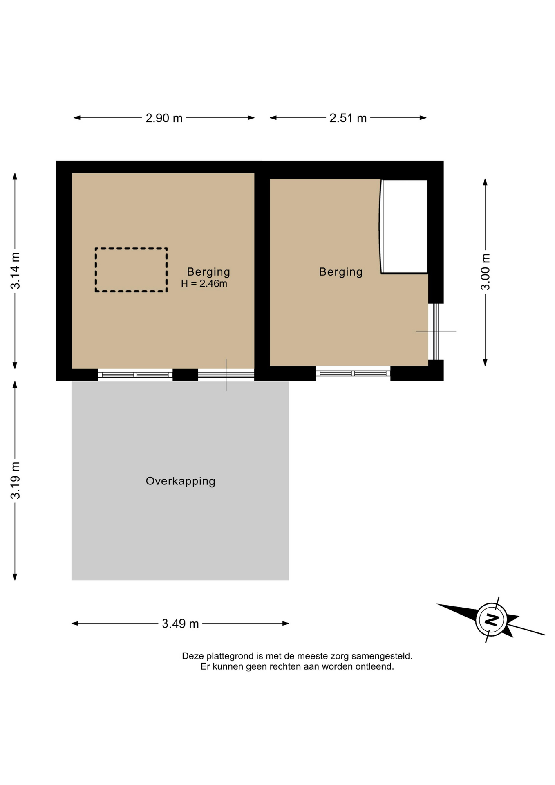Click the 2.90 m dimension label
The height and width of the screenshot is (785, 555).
click(x=164, y=118)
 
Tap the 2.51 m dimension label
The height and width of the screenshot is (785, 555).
click(x=348, y=118)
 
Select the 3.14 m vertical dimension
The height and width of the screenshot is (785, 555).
click(x=15, y=271)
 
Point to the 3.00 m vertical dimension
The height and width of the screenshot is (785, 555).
click(x=485, y=272)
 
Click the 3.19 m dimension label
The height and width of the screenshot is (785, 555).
click(x=15, y=480)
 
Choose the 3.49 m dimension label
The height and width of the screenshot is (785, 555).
click(x=180, y=624)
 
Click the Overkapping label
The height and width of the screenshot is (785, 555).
click(x=181, y=481)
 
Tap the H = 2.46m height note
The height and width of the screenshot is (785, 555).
click(x=204, y=283)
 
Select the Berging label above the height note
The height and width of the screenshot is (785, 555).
click(x=208, y=272)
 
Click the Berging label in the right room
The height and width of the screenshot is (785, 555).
click(x=341, y=272)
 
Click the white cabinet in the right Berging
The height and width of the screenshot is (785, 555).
click(x=404, y=226)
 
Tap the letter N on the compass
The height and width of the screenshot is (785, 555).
click(x=492, y=620)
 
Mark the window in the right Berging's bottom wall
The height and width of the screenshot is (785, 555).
click(x=353, y=373)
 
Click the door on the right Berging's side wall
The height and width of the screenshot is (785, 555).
click(x=436, y=332)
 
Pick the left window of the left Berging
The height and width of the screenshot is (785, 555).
click(x=135, y=375)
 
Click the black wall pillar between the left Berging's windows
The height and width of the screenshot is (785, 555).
click(x=185, y=375)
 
